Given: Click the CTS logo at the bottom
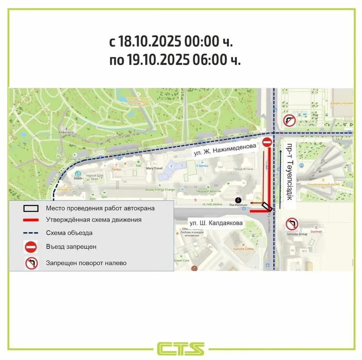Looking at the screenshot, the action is pyautogui.click(x=181, y=349).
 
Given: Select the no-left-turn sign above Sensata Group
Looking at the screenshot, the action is pyautogui.click(x=291, y=224).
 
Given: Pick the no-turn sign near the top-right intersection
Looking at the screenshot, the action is pyautogui.click(x=290, y=120).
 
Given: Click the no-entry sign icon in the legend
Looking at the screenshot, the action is pyautogui.click(x=31, y=247).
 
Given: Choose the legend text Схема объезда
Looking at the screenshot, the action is pyautogui.click(x=69, y=233).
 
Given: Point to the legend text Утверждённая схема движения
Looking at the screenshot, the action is pyautogui.click(x=94, y=220).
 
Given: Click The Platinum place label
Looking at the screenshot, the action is pyautogui.click(x=238, y=205).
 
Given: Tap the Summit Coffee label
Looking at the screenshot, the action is pyautogui.click(x=244, y=249).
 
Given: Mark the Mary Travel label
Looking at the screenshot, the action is pyautogui.click(x=154, y=168).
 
